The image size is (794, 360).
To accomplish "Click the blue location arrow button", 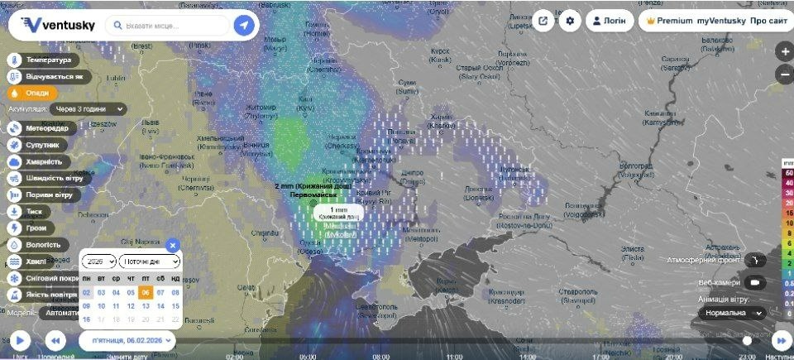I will [x=243, y=26].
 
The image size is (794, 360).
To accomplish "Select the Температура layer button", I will [x=44, y=60].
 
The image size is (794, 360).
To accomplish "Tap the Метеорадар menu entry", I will [x=41, y=128].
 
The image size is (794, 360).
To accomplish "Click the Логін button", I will [x=610, y=21].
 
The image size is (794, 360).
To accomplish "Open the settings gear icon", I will [x=570, y=21].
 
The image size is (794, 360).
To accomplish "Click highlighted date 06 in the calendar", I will [x=145, y=292].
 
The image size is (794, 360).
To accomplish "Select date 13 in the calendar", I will [x=145, y=306].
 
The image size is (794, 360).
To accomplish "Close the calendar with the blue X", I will [x=172, y=245].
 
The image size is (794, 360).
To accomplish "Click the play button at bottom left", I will [x=20, y=340].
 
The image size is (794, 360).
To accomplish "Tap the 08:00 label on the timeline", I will [x=381, y=357].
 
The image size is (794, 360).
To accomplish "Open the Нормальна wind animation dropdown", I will [x=734, y=313].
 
